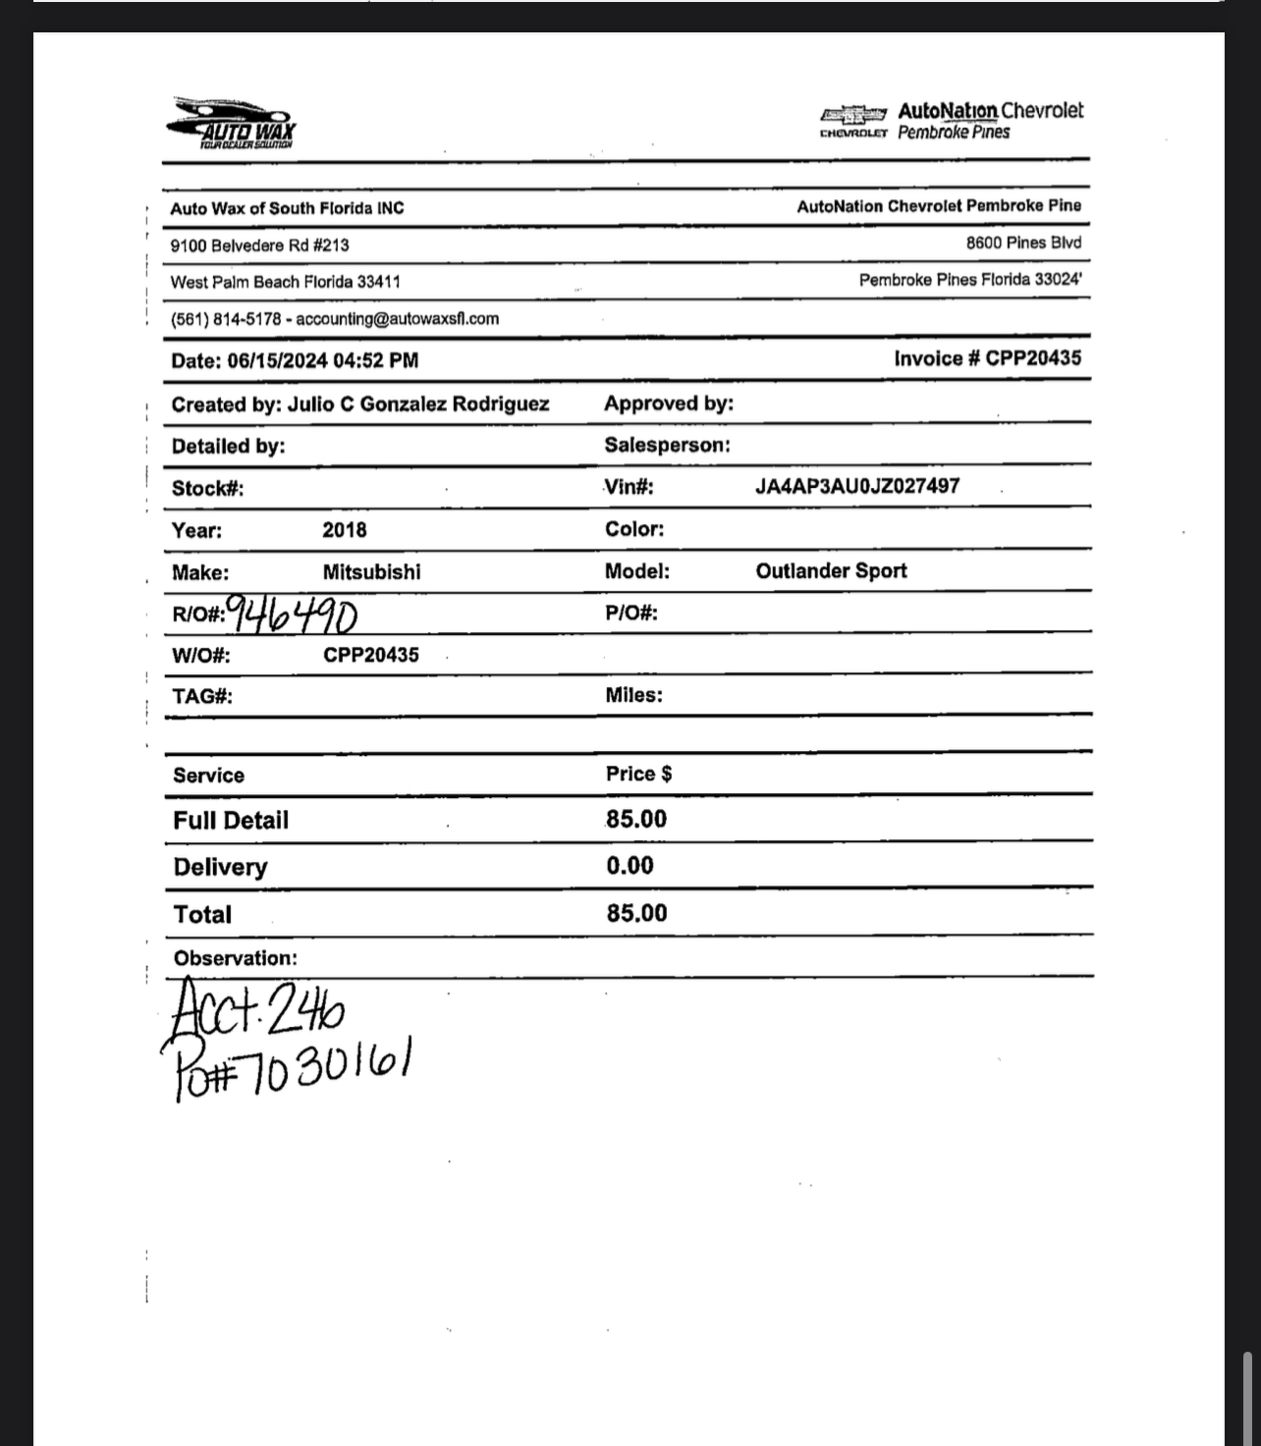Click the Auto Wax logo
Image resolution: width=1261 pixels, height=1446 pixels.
(233, 124)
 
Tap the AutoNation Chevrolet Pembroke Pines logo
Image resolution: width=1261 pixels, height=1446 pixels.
(951, 122)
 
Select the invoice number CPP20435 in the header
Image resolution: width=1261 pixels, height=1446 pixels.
(1033, 358)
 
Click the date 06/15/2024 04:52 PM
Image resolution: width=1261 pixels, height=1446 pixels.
(323, 360)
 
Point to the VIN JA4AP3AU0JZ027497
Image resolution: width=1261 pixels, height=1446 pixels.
(857, 486)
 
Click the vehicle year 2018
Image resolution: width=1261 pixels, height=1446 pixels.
(345, 530)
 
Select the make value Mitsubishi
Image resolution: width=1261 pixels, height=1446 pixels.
(371, 571)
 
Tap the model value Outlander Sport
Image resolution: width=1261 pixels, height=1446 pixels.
(831, 570)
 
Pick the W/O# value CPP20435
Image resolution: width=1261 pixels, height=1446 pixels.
(371, 655)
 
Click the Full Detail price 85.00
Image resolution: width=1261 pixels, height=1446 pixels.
(636, 819)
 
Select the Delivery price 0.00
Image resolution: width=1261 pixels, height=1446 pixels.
(630, 865)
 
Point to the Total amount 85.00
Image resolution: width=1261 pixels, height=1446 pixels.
(636, 913)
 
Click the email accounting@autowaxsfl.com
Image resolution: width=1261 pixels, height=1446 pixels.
(397, 319)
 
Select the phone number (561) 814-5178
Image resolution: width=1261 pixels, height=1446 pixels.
(226, 319)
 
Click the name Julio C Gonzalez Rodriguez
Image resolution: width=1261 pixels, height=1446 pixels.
(418, 403)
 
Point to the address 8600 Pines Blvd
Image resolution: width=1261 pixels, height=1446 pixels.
(1023, 242)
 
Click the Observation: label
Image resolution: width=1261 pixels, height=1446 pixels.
(236, 958)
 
